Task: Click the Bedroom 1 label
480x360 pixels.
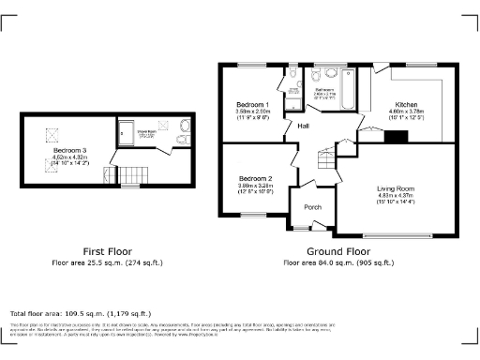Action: (x=253, y=104)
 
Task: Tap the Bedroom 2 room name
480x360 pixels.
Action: (x=255, y=178)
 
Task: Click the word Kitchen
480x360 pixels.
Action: (x=406, y=104)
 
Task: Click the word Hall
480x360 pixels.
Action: (x=305, y=126)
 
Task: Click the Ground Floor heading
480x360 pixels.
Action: (x=338, y=252)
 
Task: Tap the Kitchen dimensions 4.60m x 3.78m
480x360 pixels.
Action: (x=406, y=114)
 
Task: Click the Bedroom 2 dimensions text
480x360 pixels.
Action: (x=255, y=188)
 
